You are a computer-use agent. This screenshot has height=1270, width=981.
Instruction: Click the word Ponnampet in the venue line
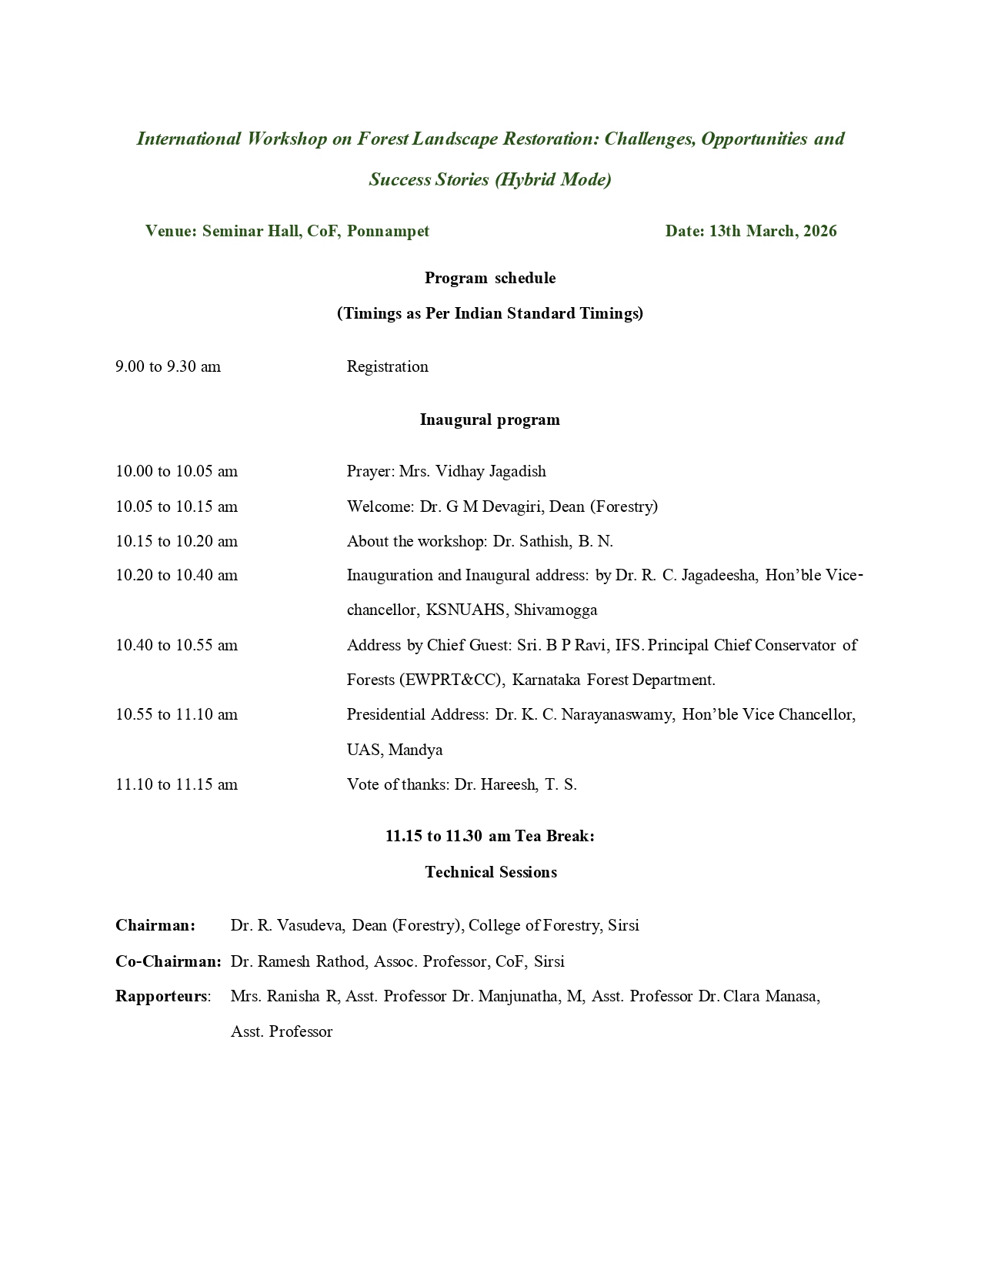[x=388, y=231]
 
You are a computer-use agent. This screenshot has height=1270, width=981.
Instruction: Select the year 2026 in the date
[x=819, y=231]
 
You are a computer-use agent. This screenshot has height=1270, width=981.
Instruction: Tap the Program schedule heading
[x=490, y=278]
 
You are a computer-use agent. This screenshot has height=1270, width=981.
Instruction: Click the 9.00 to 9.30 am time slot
[x=168, y=366]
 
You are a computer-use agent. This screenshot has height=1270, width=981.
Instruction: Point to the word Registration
[x=387, y=366]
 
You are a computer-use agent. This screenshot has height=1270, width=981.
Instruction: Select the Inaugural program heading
[x=490, y=419]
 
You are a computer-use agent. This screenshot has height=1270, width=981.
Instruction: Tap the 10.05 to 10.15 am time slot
[x=176, y=506]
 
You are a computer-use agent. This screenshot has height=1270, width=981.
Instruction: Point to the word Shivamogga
[x=556, y=610]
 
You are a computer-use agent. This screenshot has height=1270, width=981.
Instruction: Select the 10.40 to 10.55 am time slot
[x=176, y=645]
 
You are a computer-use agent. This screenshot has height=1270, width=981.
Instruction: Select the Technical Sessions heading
[x=491, y=872]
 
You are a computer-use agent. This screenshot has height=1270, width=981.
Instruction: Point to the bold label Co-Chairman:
[x=169, y=961]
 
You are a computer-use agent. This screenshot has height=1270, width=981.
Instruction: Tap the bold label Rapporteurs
[x=162, y=996]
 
